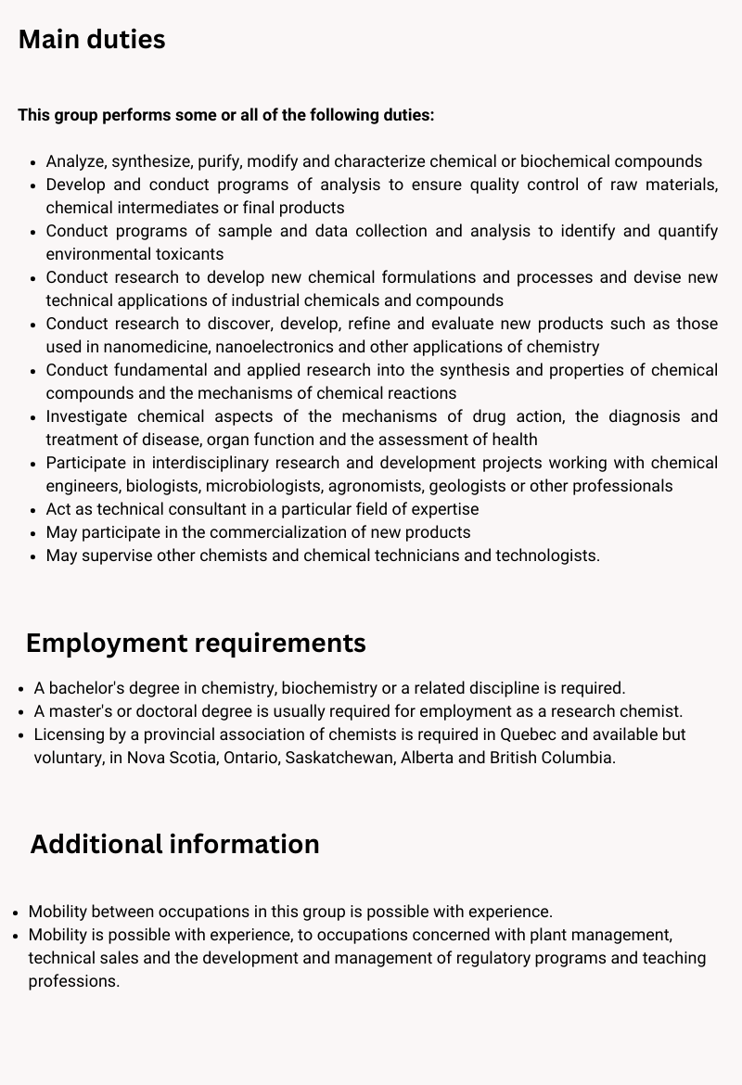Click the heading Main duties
coord(92,40)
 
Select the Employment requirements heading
coord(196,643)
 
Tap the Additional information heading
coord(174,844)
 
